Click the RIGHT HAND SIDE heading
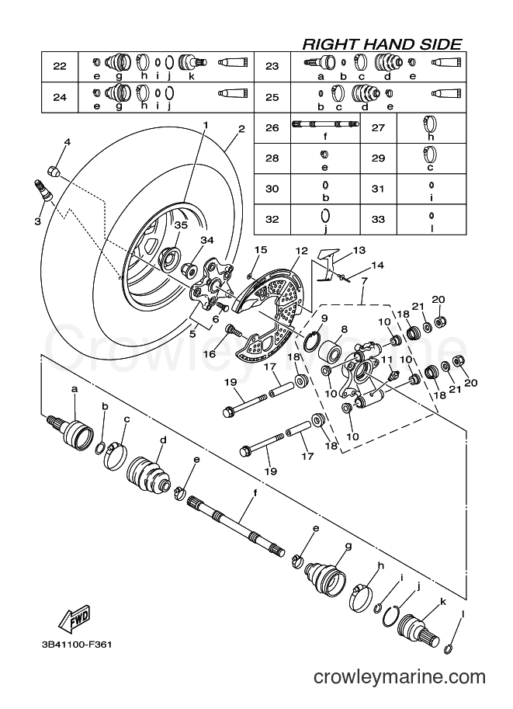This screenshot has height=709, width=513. pos(382,44)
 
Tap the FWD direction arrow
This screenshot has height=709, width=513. pos(75,619)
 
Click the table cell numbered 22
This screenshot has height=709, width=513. pos(60,67)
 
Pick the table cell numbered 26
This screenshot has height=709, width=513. pos(272,128)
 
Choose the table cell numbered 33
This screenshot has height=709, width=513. pos(378,219)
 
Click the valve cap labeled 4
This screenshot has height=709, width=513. pos(54,172)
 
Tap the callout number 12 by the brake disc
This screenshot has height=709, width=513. pos(301,251)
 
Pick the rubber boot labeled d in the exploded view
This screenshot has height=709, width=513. pos(148,474)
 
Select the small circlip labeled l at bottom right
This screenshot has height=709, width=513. pos(449,649)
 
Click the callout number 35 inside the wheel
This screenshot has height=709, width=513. pos(181,224)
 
